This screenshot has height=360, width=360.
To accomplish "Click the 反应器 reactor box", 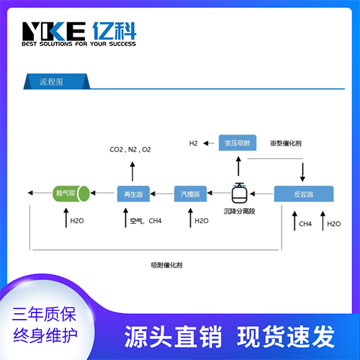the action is pyautogui.click(x=304, y=194).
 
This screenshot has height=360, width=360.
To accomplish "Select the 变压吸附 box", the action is pyautogui.click(x=238, y=143).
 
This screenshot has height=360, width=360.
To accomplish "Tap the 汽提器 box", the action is pyautogui.click(x=190, y=194).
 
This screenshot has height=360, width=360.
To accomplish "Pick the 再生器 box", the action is pyautogui.click(x=133, y=194).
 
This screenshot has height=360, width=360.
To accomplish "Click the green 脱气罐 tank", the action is pyautogui.click(x=71, y=194).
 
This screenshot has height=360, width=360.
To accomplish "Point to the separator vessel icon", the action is pyautogui.click(x=239, y=193).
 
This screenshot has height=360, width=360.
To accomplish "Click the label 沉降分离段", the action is pyautogui.click(x=239, y=212).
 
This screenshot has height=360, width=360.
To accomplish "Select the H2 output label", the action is pyautogui.click(x=194, y=143).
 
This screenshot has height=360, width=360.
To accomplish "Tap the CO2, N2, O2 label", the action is pyautogui.click(x=130, y=150).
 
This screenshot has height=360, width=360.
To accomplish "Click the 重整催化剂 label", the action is pyautogui.click(x=286, y=143).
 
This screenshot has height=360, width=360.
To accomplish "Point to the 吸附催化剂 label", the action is pyautogui.click(x=166, y=265).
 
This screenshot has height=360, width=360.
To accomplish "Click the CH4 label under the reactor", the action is pyautogui.click(x=305, y=224).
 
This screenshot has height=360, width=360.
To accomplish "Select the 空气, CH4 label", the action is pyautogui.click(x=145, y=221).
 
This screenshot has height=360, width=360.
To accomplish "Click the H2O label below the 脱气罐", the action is pyautogui.click(x=77, y=221).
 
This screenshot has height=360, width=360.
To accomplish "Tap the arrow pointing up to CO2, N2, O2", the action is pyautogui.click(x=132, y=171).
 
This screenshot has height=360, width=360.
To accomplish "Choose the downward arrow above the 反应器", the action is pyautogui.click(x=302, y=172).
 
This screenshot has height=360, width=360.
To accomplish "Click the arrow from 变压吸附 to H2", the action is pyautogui.click(x=209, y=143).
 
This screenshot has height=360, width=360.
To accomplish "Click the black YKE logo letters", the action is pyautogui.click(x=54, y=31).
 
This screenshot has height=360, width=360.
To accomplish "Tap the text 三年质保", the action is pyautogui.click(x=44, y=314).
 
